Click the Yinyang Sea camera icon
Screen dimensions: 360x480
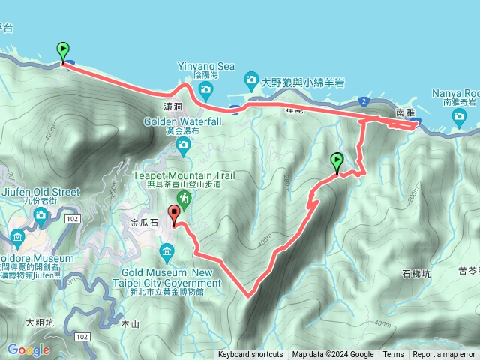205,90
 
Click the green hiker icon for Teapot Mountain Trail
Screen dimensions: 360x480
184,199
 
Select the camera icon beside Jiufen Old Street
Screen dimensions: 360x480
40,217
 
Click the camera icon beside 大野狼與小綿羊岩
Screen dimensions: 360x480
251,79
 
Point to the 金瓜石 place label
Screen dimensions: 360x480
144,223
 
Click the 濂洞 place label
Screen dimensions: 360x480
172,107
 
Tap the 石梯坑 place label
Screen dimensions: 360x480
416,273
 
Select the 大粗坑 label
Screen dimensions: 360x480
40,322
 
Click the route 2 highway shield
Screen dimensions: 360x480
363,100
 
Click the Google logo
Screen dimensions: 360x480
28,349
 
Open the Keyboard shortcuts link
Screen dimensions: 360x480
250,355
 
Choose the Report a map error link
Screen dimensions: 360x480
444,355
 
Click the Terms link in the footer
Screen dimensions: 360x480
393,355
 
